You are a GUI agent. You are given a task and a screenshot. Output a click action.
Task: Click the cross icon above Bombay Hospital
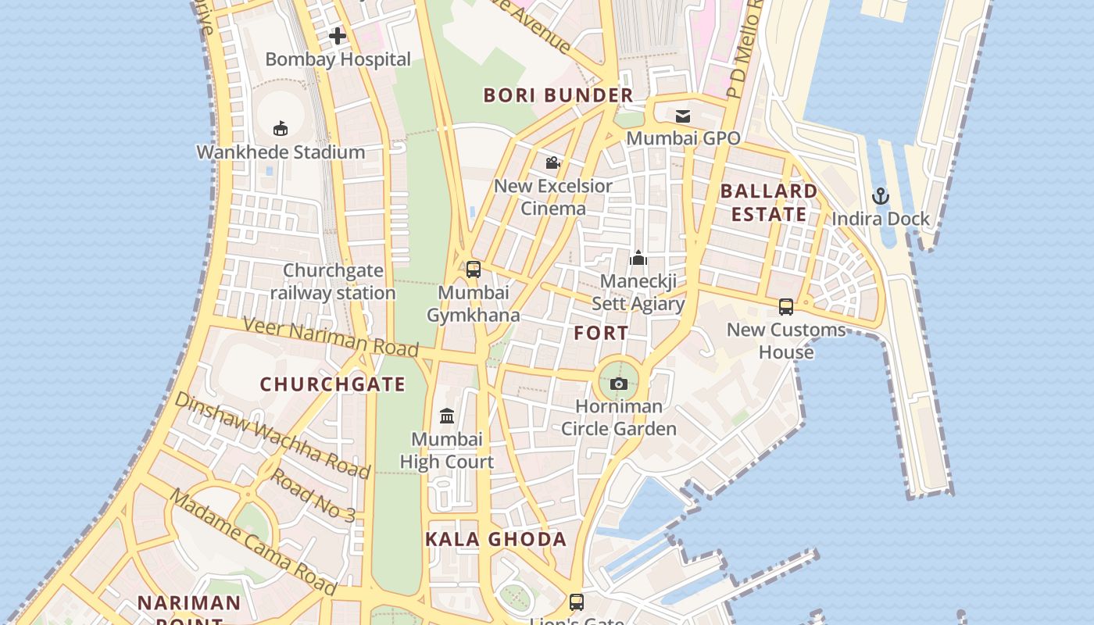click(x=338, y=36)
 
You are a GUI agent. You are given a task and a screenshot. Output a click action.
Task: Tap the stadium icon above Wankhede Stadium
click(x=281, y=129)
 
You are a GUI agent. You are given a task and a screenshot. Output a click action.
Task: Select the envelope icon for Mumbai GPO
click(x=683, y=116)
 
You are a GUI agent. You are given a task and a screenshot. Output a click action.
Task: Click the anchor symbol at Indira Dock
click(x=881, y=196)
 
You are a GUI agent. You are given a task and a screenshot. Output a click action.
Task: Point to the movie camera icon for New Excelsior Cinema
click(x=553, y=162)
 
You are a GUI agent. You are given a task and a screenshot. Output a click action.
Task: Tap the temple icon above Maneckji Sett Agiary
click(x=638, y=258)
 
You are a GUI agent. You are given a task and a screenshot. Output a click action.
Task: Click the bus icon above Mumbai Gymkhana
click(x=474, y=270)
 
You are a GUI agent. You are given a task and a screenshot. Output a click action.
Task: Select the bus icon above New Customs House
click(x=786, y=307)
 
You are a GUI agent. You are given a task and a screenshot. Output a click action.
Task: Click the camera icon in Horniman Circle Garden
click(x=619, y=384)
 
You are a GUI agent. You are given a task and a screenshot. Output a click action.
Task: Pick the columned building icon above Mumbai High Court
click(x=447, y=416)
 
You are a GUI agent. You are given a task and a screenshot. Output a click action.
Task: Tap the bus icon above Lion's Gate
click(x=577, y=602)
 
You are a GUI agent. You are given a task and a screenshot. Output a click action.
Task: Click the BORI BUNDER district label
click(x=558, y=95)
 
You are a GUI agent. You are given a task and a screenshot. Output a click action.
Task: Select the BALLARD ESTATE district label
click(x=769, y=202)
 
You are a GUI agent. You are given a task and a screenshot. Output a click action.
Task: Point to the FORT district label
click(x=601, y=333)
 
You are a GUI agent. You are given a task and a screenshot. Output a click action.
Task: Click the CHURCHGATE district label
click(x=333, y=384)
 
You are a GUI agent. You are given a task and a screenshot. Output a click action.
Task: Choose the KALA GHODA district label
click(x=495, y=539)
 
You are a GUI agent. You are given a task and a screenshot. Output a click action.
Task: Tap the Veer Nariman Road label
click(x=330, y=337)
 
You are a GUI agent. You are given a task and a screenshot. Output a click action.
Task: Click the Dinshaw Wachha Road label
click(x=272, y=434)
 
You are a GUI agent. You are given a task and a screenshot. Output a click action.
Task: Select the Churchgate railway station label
click(x=333, y=282)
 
